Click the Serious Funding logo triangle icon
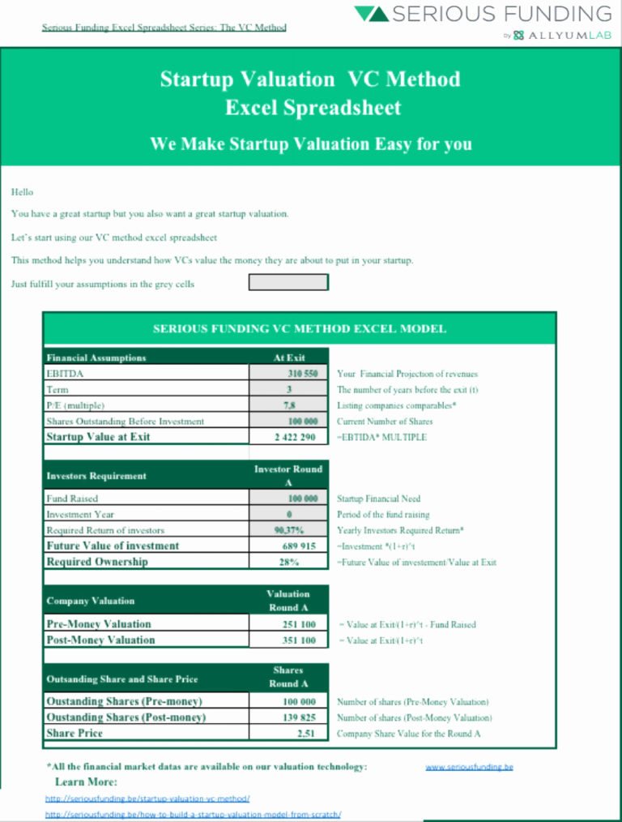tap(371, 14)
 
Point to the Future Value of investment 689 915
tap(299, 546)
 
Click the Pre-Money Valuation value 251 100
tap(299, 624)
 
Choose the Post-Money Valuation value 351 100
tap(299, 640)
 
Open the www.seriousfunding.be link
tap(469, 767)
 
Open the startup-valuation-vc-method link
tap(147, 798)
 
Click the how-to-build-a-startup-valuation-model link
tap(193, 815)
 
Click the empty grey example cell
tap(288, 282)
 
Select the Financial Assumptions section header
tap(96, 357)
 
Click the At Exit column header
tap(289, 357)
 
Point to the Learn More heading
tap(86, 782)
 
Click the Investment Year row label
tap(80, 515)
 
